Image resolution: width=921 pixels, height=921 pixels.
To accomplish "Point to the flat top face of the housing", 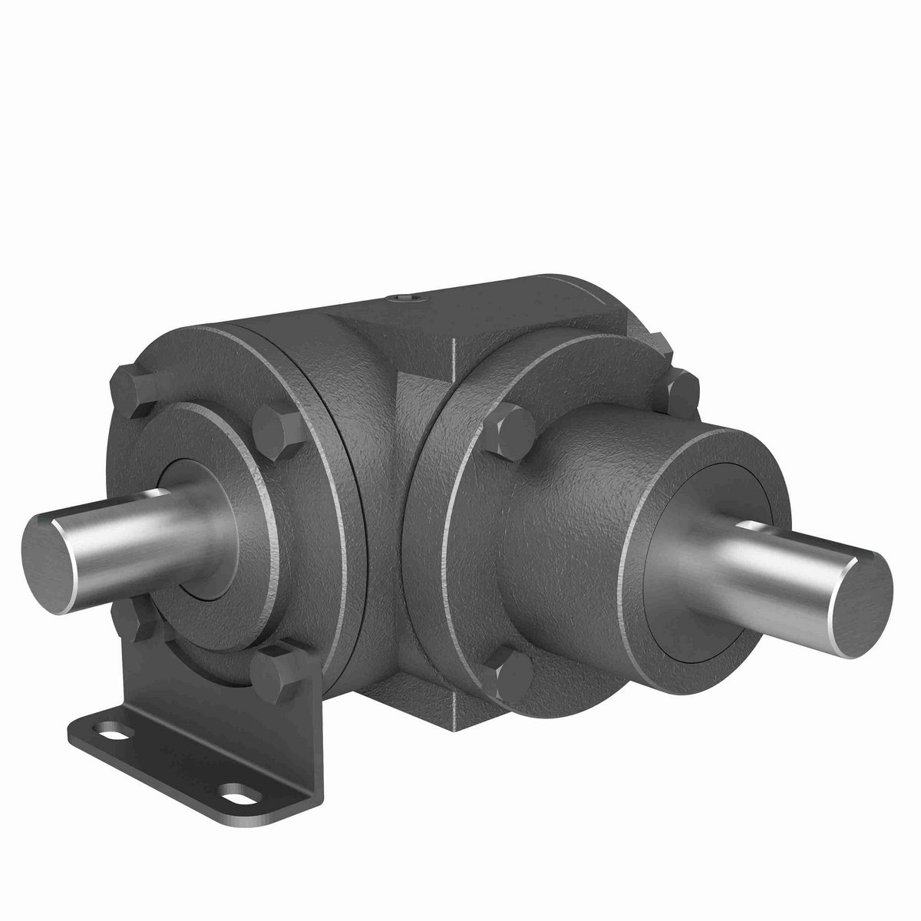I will (x=460, y=307).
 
